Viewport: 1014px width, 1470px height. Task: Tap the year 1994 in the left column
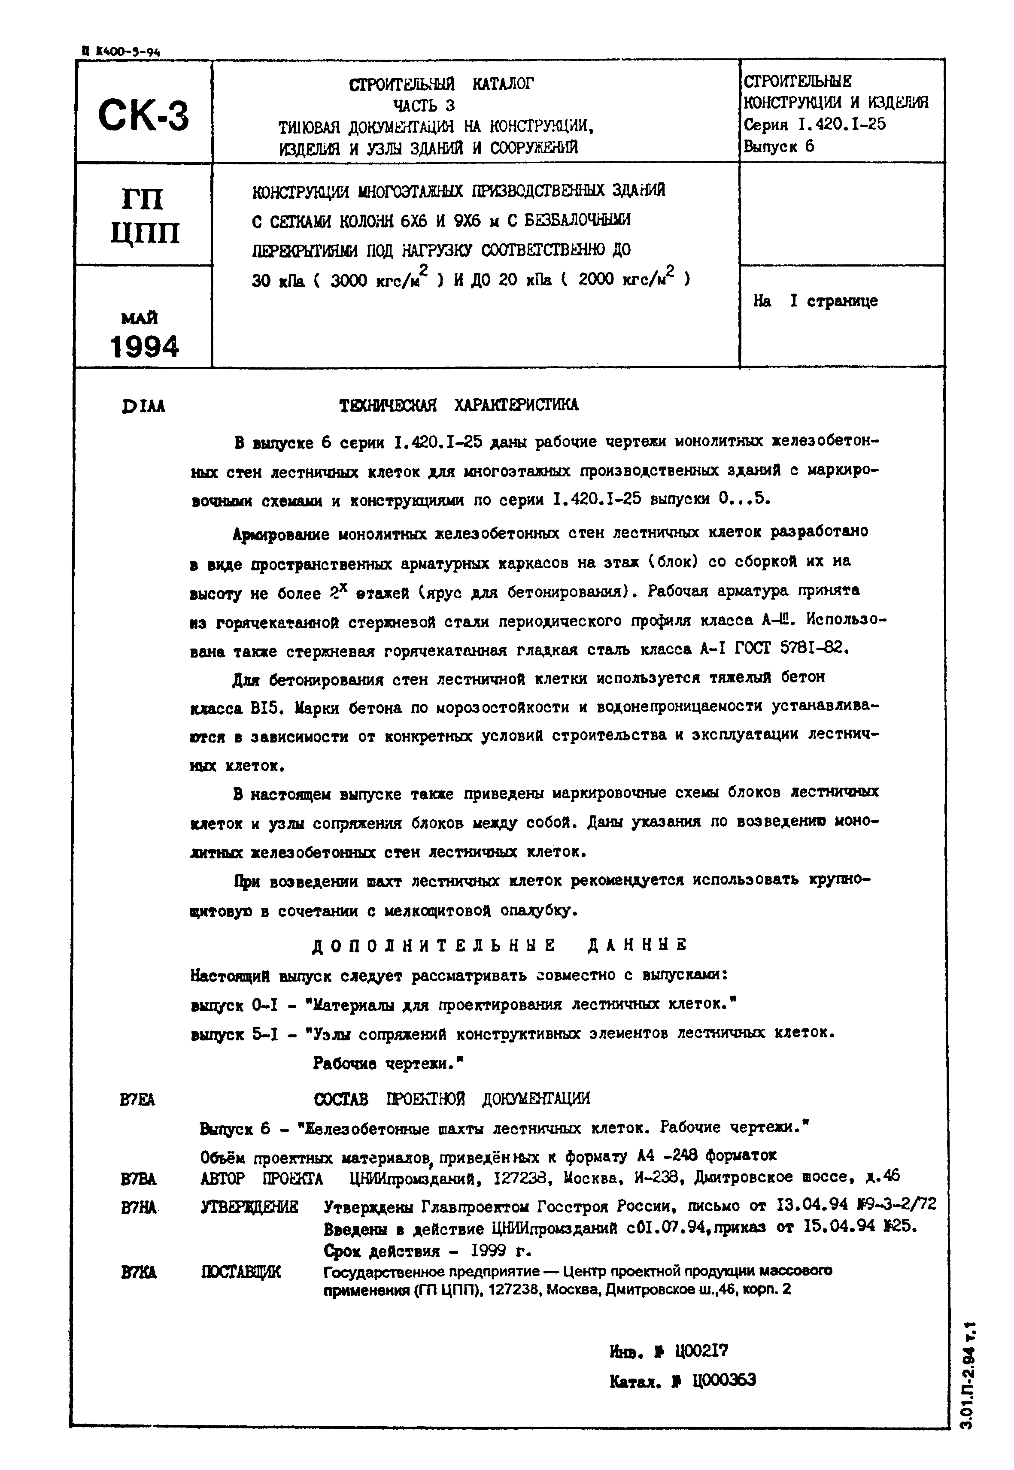tap(144, 347)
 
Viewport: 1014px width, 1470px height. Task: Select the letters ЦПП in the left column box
tap(145, 233)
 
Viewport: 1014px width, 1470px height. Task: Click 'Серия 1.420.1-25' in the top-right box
tap(814, 124)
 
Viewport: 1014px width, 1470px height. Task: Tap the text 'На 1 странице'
tap(815, 301)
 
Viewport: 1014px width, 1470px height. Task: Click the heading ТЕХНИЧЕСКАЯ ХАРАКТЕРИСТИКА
tap(459, 405)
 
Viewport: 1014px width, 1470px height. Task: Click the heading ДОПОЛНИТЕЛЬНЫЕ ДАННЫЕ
tap(500, 945)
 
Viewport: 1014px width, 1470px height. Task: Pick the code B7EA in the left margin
tap(137, 1100)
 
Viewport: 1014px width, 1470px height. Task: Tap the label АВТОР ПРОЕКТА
tap(261, 1179)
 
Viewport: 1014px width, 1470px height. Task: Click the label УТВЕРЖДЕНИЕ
tap(249, 1207)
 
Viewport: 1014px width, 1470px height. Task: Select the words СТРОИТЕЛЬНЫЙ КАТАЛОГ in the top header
tap(442, 83)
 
